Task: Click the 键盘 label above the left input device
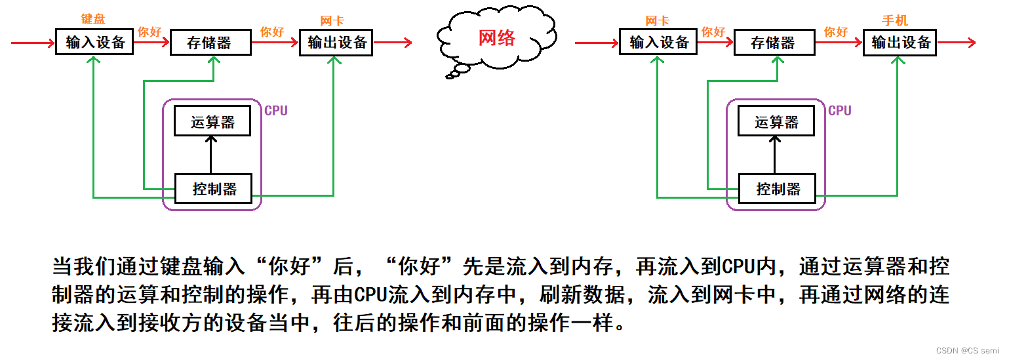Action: [x=92, y=20]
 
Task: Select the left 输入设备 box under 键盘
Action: [x=95, y=43]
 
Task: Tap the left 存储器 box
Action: [x=210, y=43]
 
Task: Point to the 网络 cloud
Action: [x=496, y=38]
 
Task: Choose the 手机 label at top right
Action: [x=895, y=21]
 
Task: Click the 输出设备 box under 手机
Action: [x=900, y=43]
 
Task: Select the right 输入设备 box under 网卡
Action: [x=658, y=43]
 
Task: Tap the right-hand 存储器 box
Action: [x=774, y=43]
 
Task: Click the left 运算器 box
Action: [x=212, y=121]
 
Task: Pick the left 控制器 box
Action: [x=213, y=189]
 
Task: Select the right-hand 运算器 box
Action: [x=776, y=121]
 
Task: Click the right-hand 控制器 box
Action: [x=778, y=189]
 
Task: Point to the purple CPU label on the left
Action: [x=276, y=111]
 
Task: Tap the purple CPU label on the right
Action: [x=840, y=111]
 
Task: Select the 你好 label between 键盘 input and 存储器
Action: [x=149, y=31]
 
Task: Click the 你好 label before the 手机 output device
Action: [x=836, y=31]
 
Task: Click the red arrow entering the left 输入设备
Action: [x=33, y=43]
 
